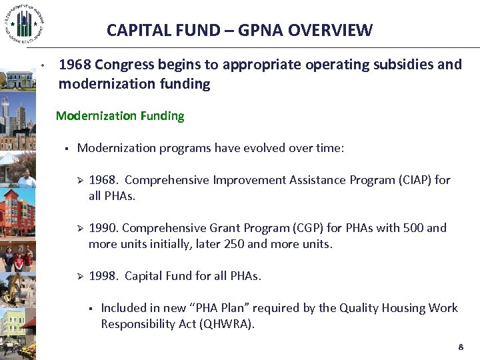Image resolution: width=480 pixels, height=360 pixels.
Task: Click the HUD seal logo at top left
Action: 25,25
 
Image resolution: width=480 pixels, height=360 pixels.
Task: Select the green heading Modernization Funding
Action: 120,116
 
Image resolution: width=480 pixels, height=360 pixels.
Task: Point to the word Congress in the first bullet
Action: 124,65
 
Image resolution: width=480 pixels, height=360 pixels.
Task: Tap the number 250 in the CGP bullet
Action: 233,244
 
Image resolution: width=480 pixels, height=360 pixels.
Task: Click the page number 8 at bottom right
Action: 460,347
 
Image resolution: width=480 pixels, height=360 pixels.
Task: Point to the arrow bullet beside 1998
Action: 77,276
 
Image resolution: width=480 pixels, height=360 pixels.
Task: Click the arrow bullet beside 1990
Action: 77,228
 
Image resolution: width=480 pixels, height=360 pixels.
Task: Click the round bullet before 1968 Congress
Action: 41,66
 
